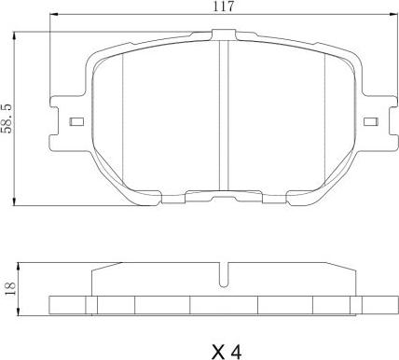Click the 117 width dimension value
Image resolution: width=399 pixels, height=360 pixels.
pyautogui.click(x=223, y=7)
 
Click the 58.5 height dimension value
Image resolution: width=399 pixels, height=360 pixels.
pyautogui.click(x=7, y=118)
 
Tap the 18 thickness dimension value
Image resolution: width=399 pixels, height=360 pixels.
pyautogui.click(x=10, y=289)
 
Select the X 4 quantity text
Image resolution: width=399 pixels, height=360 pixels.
pyautogui.click(x=227, y=352)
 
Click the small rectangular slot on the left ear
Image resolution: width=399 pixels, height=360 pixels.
pyautogui.click(x=76, y=121)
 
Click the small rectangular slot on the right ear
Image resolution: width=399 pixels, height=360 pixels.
pyautogui.click(x=371, y=121)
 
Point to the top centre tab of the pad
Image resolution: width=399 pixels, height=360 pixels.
pyautogui.click(x=224, y=35)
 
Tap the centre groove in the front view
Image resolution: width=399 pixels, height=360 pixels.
pyautogui.click(x=224, y=115)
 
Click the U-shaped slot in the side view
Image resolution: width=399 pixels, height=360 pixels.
pyautogui.click(x=224, y=275)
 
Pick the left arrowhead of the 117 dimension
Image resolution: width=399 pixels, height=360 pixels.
pyautogui.click(x=54, y=14)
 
